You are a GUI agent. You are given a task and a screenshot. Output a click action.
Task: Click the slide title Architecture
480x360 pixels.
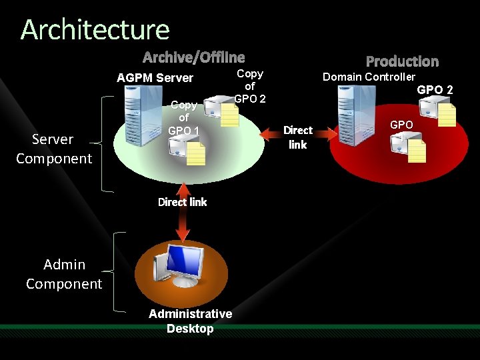(95, 30)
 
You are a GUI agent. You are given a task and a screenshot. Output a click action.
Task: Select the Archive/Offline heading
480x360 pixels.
(193, 58)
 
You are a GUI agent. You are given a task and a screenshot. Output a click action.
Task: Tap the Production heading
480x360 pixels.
(402, 61)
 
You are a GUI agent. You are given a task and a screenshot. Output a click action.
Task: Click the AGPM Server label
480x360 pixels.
(155, 78)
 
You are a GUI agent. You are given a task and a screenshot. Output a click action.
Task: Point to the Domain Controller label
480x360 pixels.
(369, 77)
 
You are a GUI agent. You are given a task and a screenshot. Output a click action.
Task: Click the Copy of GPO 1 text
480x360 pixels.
(183, 118)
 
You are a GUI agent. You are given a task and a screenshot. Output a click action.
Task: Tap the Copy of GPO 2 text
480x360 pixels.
(250, 86)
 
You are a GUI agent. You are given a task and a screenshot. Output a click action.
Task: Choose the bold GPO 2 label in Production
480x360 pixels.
(435, 89)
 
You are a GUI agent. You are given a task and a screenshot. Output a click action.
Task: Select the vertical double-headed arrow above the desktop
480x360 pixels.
(182, 223)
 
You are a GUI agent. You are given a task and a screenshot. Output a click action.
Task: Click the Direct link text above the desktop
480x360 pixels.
(182, 202)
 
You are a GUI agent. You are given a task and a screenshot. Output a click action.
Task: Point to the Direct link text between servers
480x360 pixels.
(297, 137)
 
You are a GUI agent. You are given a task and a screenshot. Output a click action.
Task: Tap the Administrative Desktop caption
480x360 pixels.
(190, 321)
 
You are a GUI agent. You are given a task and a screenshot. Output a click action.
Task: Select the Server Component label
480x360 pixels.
(53, 149)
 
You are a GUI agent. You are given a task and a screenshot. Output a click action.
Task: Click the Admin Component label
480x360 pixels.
(64, 274)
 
